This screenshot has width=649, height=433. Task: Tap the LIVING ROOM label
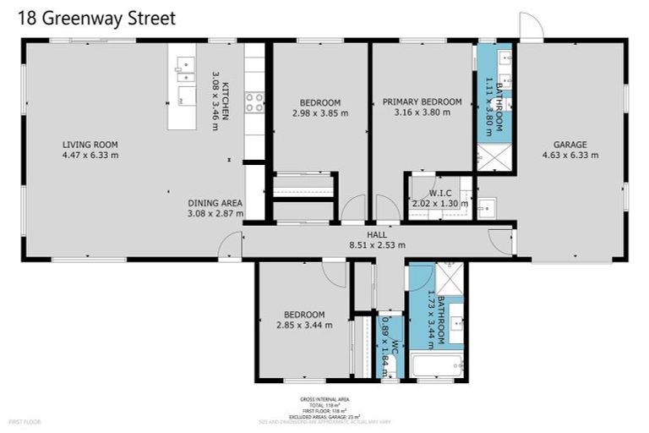(90, 144)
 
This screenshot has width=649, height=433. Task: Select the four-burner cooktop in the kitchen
(254, 102)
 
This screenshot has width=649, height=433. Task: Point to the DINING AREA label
(215, 203)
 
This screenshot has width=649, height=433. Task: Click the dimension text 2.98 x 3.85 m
(320, 113)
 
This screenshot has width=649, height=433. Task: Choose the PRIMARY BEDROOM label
(422, 102)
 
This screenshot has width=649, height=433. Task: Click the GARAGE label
(570, 144)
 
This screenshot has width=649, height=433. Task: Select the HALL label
(376, 234)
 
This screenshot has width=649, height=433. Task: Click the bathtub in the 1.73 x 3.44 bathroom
(435, 366)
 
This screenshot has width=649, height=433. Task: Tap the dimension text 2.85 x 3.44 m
(303, 325)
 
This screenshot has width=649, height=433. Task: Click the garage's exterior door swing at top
(531, 27)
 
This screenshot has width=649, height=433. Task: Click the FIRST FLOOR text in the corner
(25, 421)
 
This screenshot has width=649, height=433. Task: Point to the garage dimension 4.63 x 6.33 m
(570, 155)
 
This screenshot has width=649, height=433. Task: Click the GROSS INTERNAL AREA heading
(324, 399)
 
